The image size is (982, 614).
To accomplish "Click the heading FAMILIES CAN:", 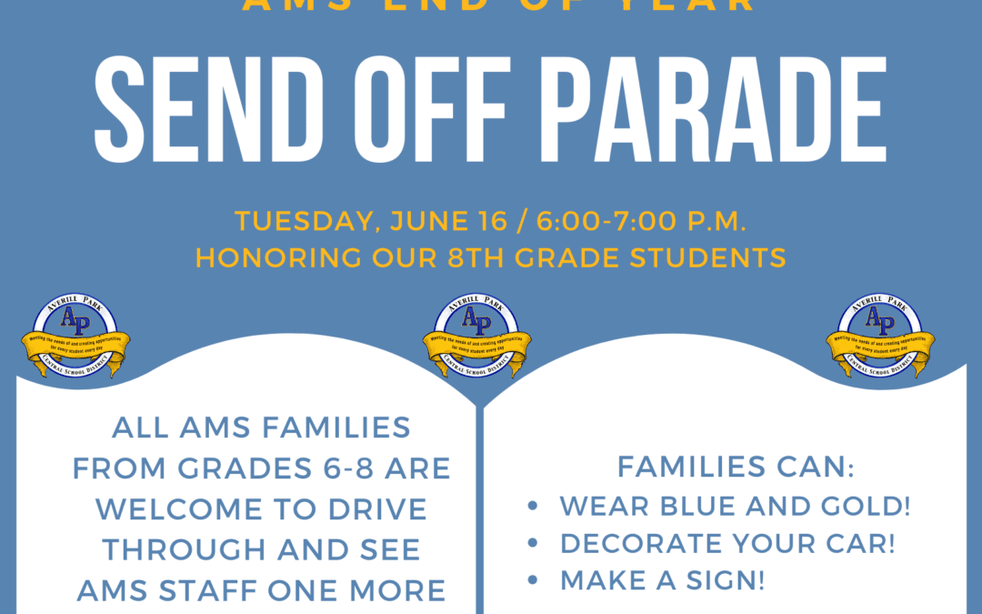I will (x=736, y=468).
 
